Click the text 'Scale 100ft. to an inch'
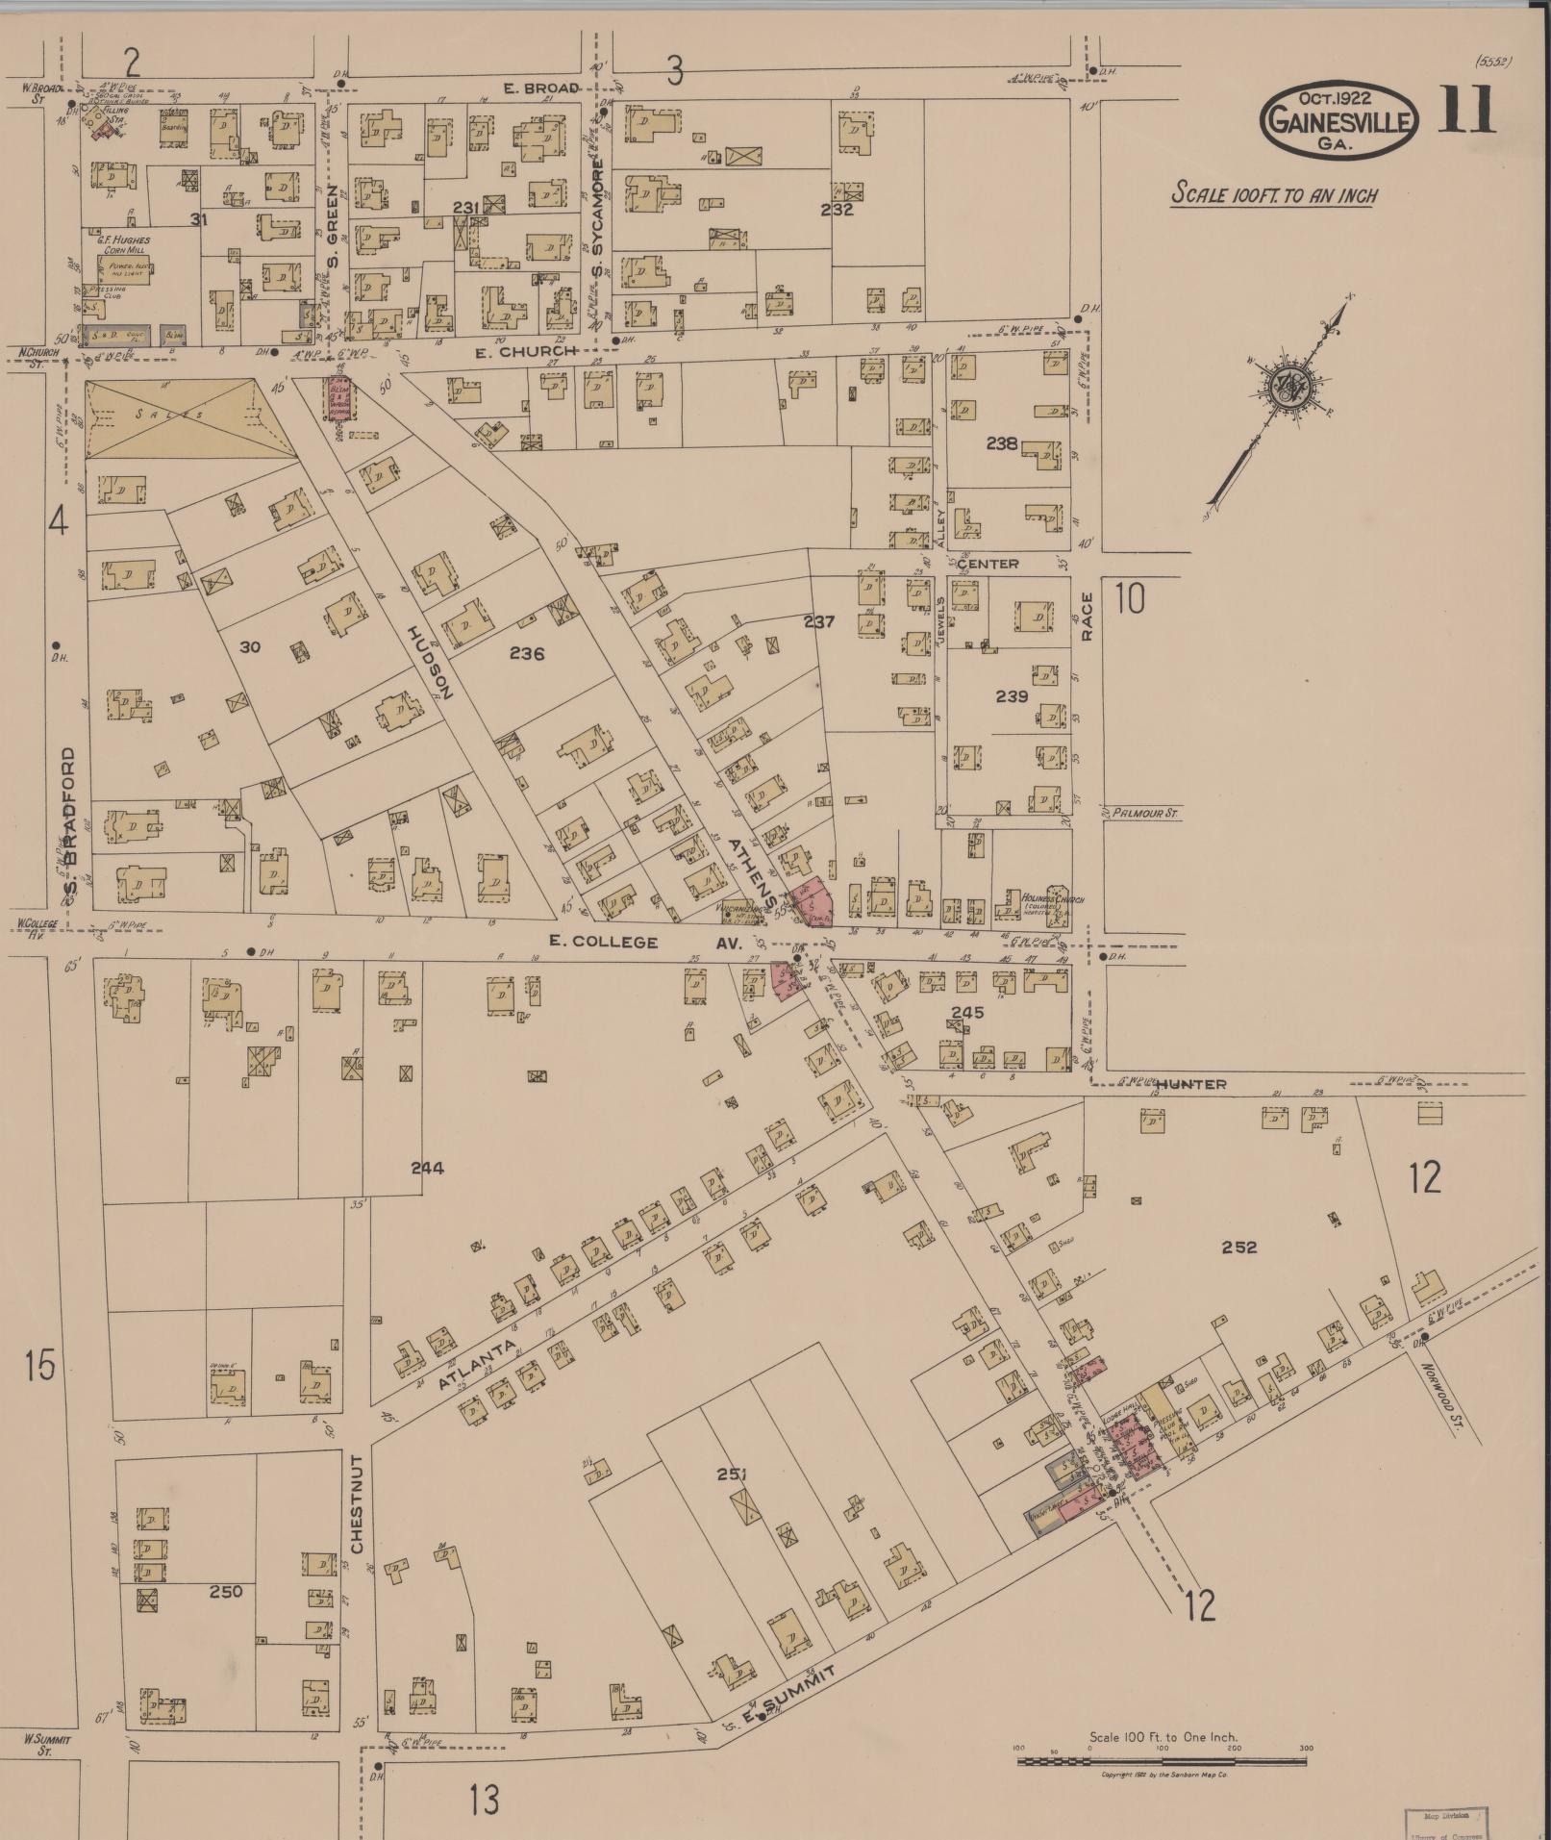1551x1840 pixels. pos(1274,194)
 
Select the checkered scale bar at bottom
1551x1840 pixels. pos(1162,1761)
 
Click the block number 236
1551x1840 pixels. pos(527,653)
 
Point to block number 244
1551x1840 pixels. pos(427,1168)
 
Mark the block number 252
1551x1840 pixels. pos(1238,1247)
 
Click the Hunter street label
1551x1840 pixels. pos(1190,1084)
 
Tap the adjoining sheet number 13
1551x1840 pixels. pos(485,1799)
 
